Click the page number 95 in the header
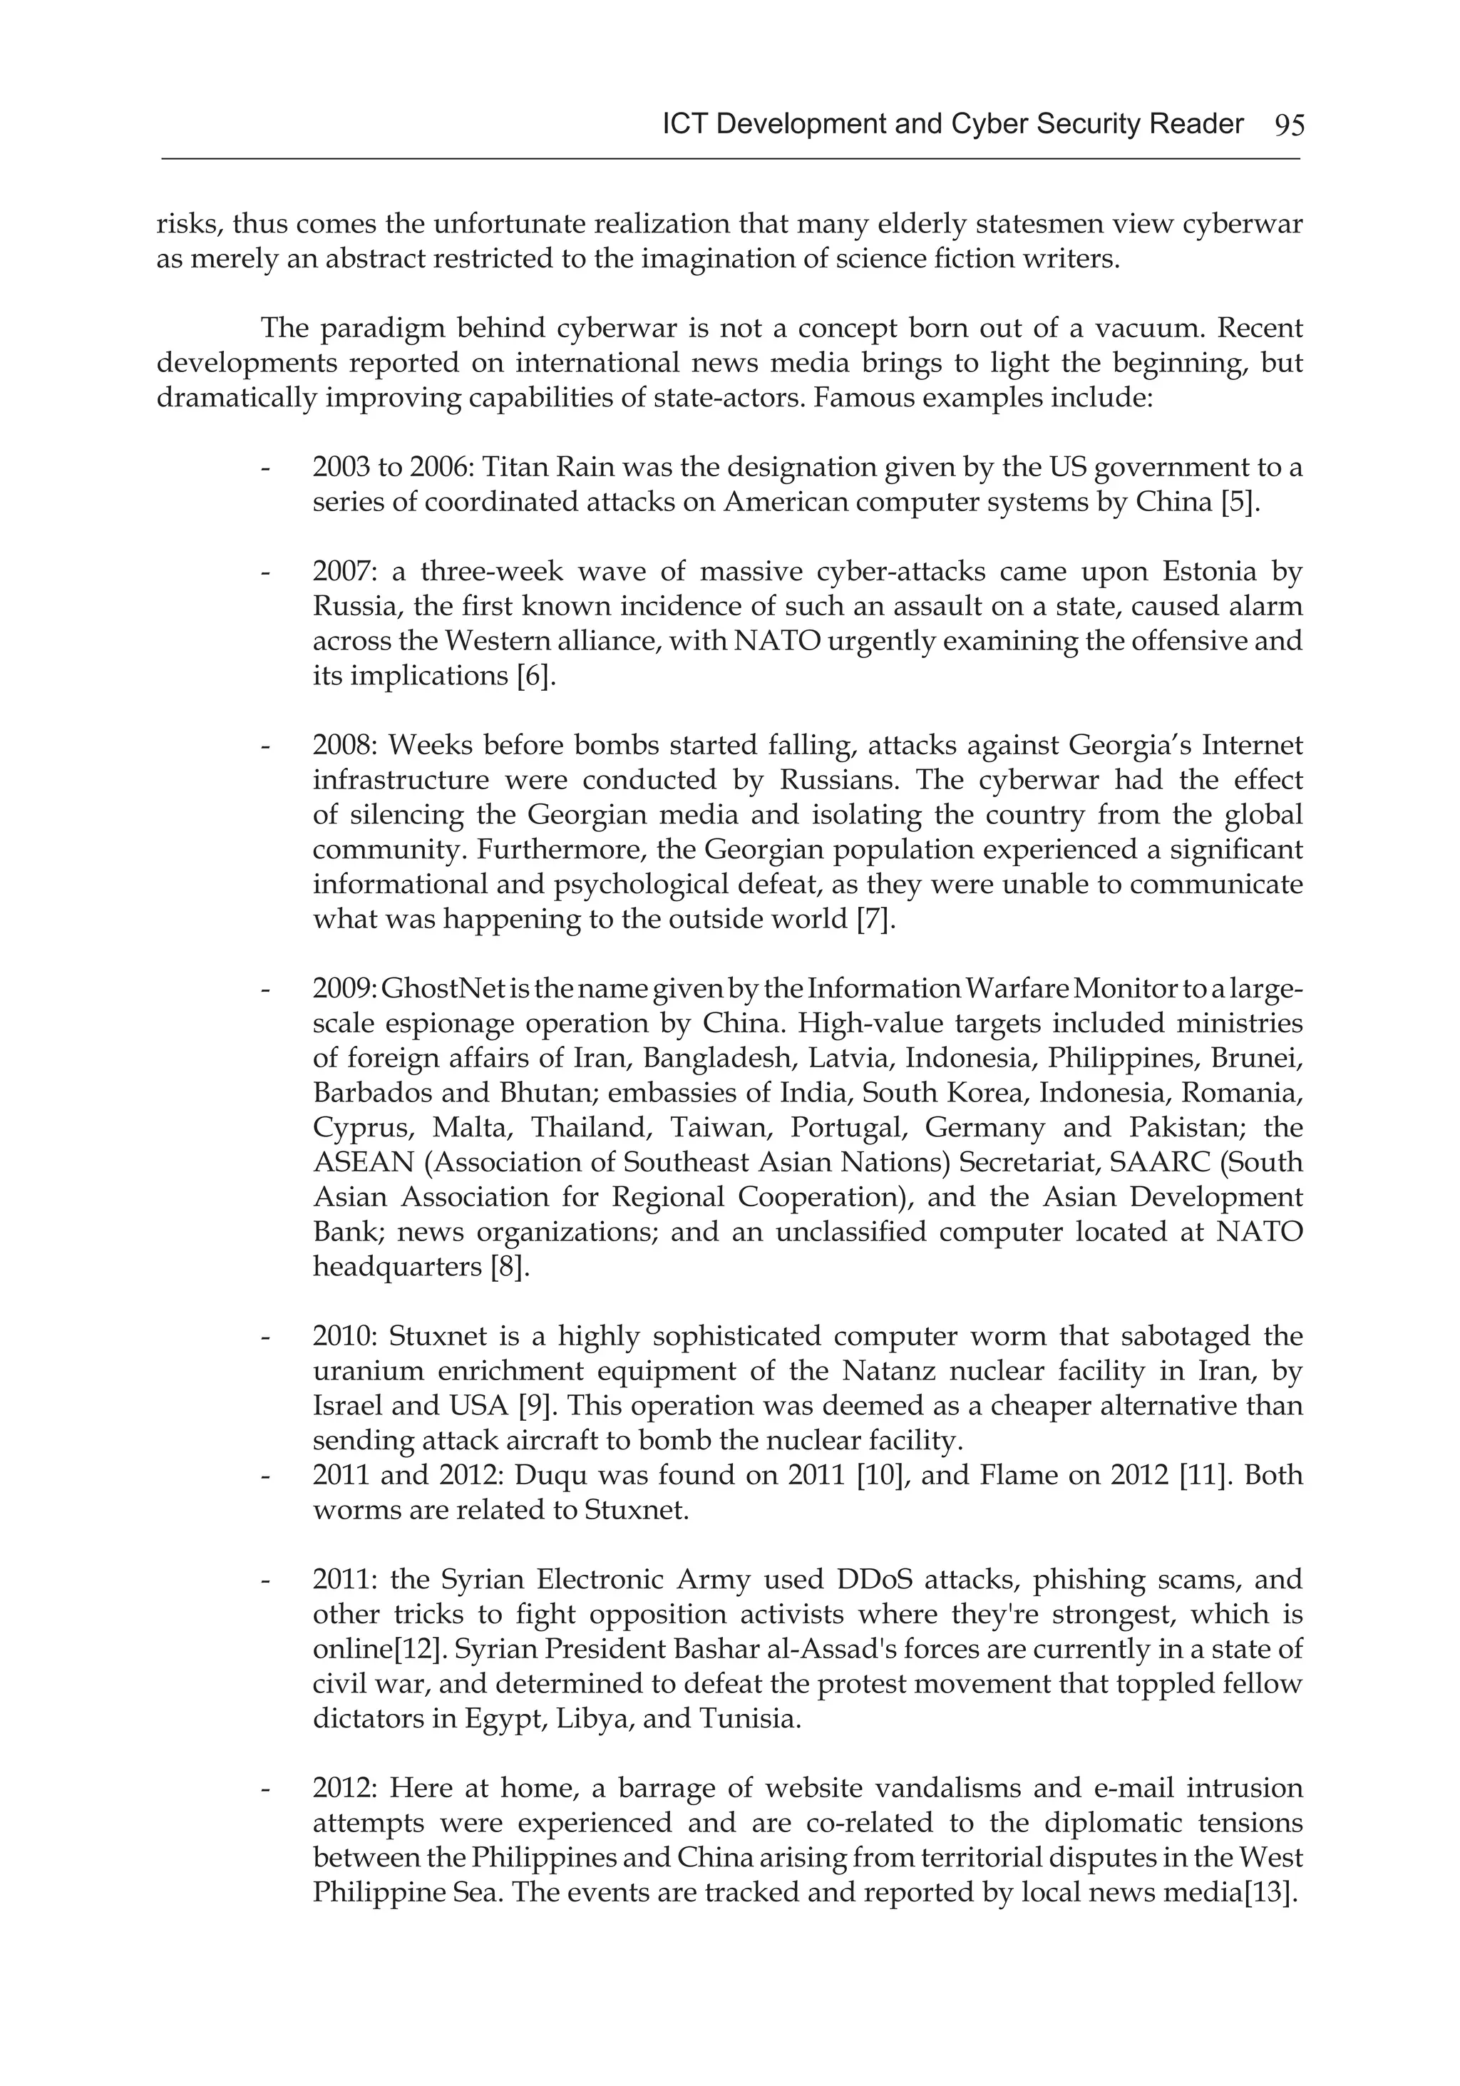tap(1288, 125)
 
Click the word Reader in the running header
tap(1196, 123)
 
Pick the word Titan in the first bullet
tap(513, 468)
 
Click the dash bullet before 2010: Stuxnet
tap(265, 1338)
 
